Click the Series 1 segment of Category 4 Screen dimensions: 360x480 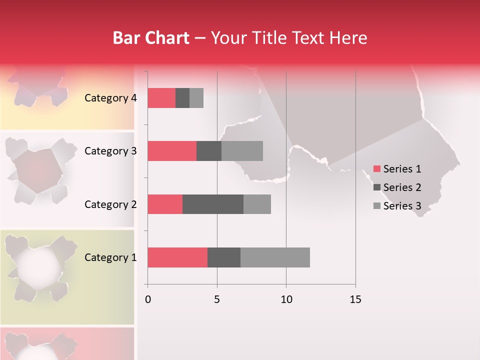pyautogui.click(x=161, y=98)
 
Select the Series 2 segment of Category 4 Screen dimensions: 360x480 pyautogui.click(x=182, y=98)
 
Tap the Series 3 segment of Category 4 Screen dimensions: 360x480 pyautogui.click(x=196, y=98)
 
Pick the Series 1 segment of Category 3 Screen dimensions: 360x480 pyautogui.click(x=172, y=151)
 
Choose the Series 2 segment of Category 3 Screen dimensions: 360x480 pyautogui.click(x=209, y=151)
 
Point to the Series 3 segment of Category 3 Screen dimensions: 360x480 pyautogui.click(x=242, y=151)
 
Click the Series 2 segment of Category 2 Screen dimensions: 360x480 pyautogui.click(x=213, y=204)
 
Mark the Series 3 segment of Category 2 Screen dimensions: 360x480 pyautogui.click(x=257, y=204)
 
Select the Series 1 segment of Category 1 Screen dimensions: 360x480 pyautogui.click(x=177, y=257)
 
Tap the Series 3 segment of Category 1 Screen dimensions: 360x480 pyautogui.click(x=275, y=257)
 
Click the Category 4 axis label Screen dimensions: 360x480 pyautogui.click(x=110, y=98)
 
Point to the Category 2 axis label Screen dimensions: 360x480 pyautogui.click(x=110, y=204)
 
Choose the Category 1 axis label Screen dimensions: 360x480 pyautogui.click(x=110, y=257)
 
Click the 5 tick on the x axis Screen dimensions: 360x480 pyautogui.click(x=217, y=299)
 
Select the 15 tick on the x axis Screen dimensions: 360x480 pyautogui.click(x=355, y=299)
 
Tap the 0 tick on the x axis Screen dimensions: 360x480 pyautogui.click(x=147, y=299)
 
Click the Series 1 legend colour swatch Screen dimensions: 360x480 pyautogui.click(x=377, y=169)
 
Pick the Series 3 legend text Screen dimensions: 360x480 pyautogui.click(x=402, y=206)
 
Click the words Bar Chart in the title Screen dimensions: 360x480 pyautogui.click(x=151, y=38)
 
